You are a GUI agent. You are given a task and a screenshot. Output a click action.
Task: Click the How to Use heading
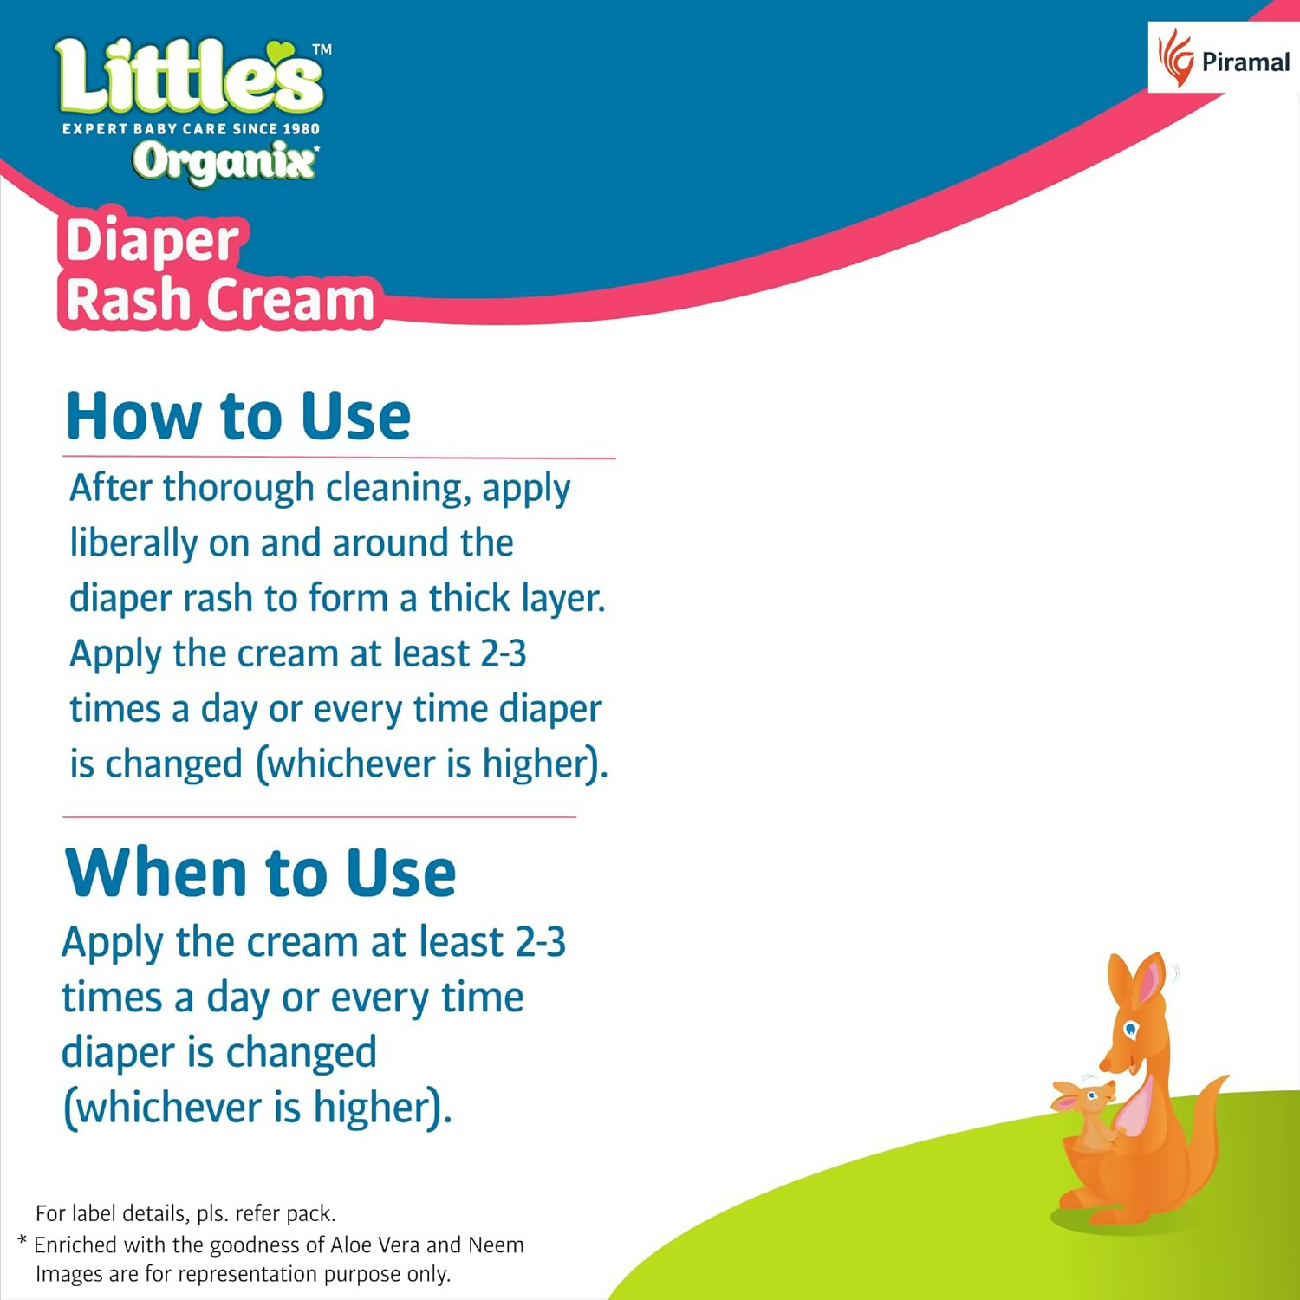click(238, 417)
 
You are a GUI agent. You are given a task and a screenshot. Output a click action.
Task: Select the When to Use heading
click(260, 872)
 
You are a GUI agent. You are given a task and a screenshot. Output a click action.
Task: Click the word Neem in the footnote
click(496, 1245)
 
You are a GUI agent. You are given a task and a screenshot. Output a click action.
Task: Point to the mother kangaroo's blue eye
click(1130, 1030)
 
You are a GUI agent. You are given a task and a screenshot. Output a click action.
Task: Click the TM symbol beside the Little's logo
click(322, 50)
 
